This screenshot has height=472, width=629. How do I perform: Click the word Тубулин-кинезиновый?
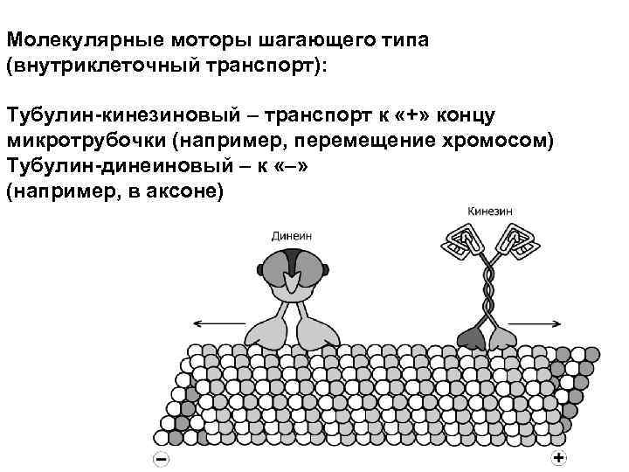point(108,116)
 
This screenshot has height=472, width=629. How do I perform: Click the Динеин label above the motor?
point(292,236)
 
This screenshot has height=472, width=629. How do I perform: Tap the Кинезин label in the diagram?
point(490,212)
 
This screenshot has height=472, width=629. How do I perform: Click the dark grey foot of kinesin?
point(473,337)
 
